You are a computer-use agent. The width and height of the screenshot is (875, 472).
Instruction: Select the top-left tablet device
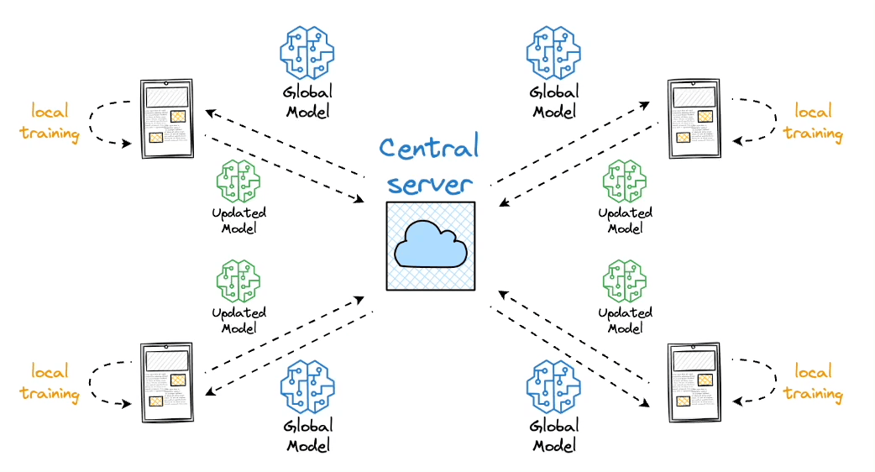(166, 118)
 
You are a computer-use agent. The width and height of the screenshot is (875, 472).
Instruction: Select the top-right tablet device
(694, 118)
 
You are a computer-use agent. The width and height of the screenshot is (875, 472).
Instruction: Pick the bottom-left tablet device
(166, 382)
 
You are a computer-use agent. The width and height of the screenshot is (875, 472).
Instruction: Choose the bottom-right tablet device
(694, 382)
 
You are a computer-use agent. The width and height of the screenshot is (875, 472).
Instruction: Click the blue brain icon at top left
(307, 53)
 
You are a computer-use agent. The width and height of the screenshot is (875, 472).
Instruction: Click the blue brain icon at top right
(554, 53)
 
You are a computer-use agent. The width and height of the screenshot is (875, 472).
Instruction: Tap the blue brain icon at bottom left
(307, 387)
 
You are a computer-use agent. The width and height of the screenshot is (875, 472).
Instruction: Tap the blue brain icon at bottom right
(554, 387)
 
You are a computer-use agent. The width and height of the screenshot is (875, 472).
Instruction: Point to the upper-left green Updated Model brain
(238, 181)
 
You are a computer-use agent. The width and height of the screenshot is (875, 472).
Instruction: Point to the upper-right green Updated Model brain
(625, 181)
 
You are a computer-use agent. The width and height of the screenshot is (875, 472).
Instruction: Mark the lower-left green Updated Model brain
(238, 281)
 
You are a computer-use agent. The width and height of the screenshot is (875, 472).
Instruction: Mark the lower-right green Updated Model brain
(625, 281)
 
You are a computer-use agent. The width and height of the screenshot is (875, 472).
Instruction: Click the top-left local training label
(50, 123)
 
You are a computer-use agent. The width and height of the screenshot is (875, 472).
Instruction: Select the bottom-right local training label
(813, 382)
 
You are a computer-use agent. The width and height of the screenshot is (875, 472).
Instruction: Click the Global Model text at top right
(554, 101)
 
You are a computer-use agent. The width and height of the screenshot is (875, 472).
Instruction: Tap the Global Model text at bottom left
(308, 435)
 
